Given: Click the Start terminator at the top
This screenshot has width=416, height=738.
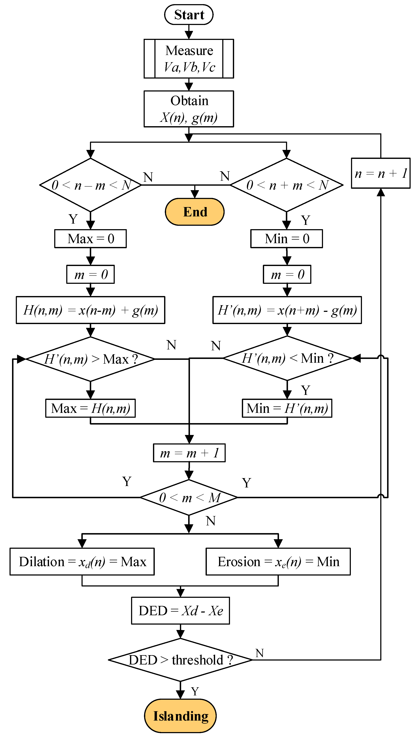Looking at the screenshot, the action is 189,15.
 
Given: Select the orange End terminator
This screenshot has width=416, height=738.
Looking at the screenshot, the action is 195,212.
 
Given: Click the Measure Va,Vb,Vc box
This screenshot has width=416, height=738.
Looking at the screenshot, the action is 189,59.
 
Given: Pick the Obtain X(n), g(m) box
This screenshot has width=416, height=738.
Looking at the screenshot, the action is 189,109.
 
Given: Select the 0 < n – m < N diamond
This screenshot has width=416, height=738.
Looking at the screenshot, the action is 90,185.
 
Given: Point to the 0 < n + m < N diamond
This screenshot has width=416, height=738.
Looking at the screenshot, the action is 287,185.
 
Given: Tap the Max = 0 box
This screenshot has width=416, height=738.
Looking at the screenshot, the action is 90,239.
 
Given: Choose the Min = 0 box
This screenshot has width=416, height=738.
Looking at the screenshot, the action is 287,239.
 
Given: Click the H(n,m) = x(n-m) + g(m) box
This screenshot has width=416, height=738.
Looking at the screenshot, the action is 90,310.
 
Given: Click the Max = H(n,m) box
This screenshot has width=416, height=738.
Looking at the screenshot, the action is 90,408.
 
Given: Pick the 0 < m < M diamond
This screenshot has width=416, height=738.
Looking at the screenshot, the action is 189,497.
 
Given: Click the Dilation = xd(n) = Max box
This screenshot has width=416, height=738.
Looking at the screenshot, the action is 82,561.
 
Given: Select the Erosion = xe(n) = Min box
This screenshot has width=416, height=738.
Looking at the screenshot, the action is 278,561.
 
